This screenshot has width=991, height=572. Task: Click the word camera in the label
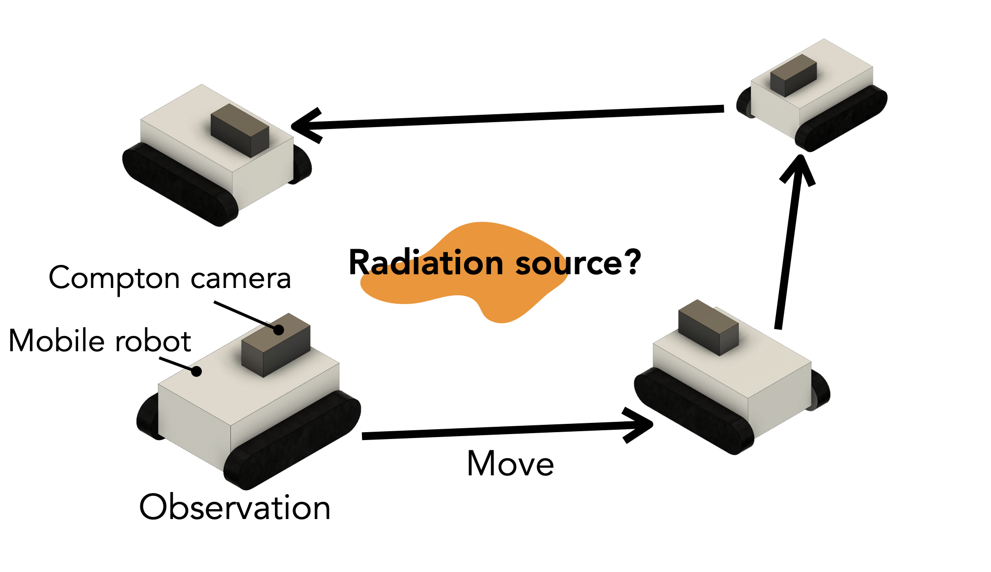point(241,279)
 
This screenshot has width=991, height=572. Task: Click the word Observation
point(235,507)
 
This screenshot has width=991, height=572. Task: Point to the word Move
point(510,464)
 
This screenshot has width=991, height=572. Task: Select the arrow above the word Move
point(506,430)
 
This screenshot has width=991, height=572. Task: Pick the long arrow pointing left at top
point(506,118)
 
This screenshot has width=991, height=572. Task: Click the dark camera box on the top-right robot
point(793,75)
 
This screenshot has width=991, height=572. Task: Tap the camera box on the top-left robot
point(240,130)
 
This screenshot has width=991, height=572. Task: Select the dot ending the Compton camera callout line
point(278,329)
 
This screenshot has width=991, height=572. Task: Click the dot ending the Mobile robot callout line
point(196,371)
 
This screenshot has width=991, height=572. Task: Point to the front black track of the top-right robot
point(841,118)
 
